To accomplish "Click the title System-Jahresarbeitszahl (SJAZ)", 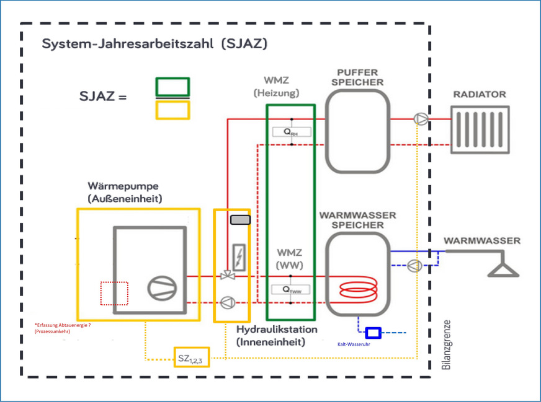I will (154, 45).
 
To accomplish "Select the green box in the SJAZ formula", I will (172, 87).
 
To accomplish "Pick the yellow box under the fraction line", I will (172, 110).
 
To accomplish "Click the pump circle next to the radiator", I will (420, 119).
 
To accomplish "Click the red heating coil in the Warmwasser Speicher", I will (357, 289).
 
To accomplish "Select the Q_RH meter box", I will (291, 132).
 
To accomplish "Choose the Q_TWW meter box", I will (291, 290).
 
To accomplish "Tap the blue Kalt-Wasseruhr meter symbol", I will (373, 333).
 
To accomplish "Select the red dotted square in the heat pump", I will (114, 294).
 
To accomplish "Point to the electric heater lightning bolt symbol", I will (238, 255).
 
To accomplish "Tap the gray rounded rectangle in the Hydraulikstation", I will (240, 220).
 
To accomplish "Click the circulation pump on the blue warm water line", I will (414, 266).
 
